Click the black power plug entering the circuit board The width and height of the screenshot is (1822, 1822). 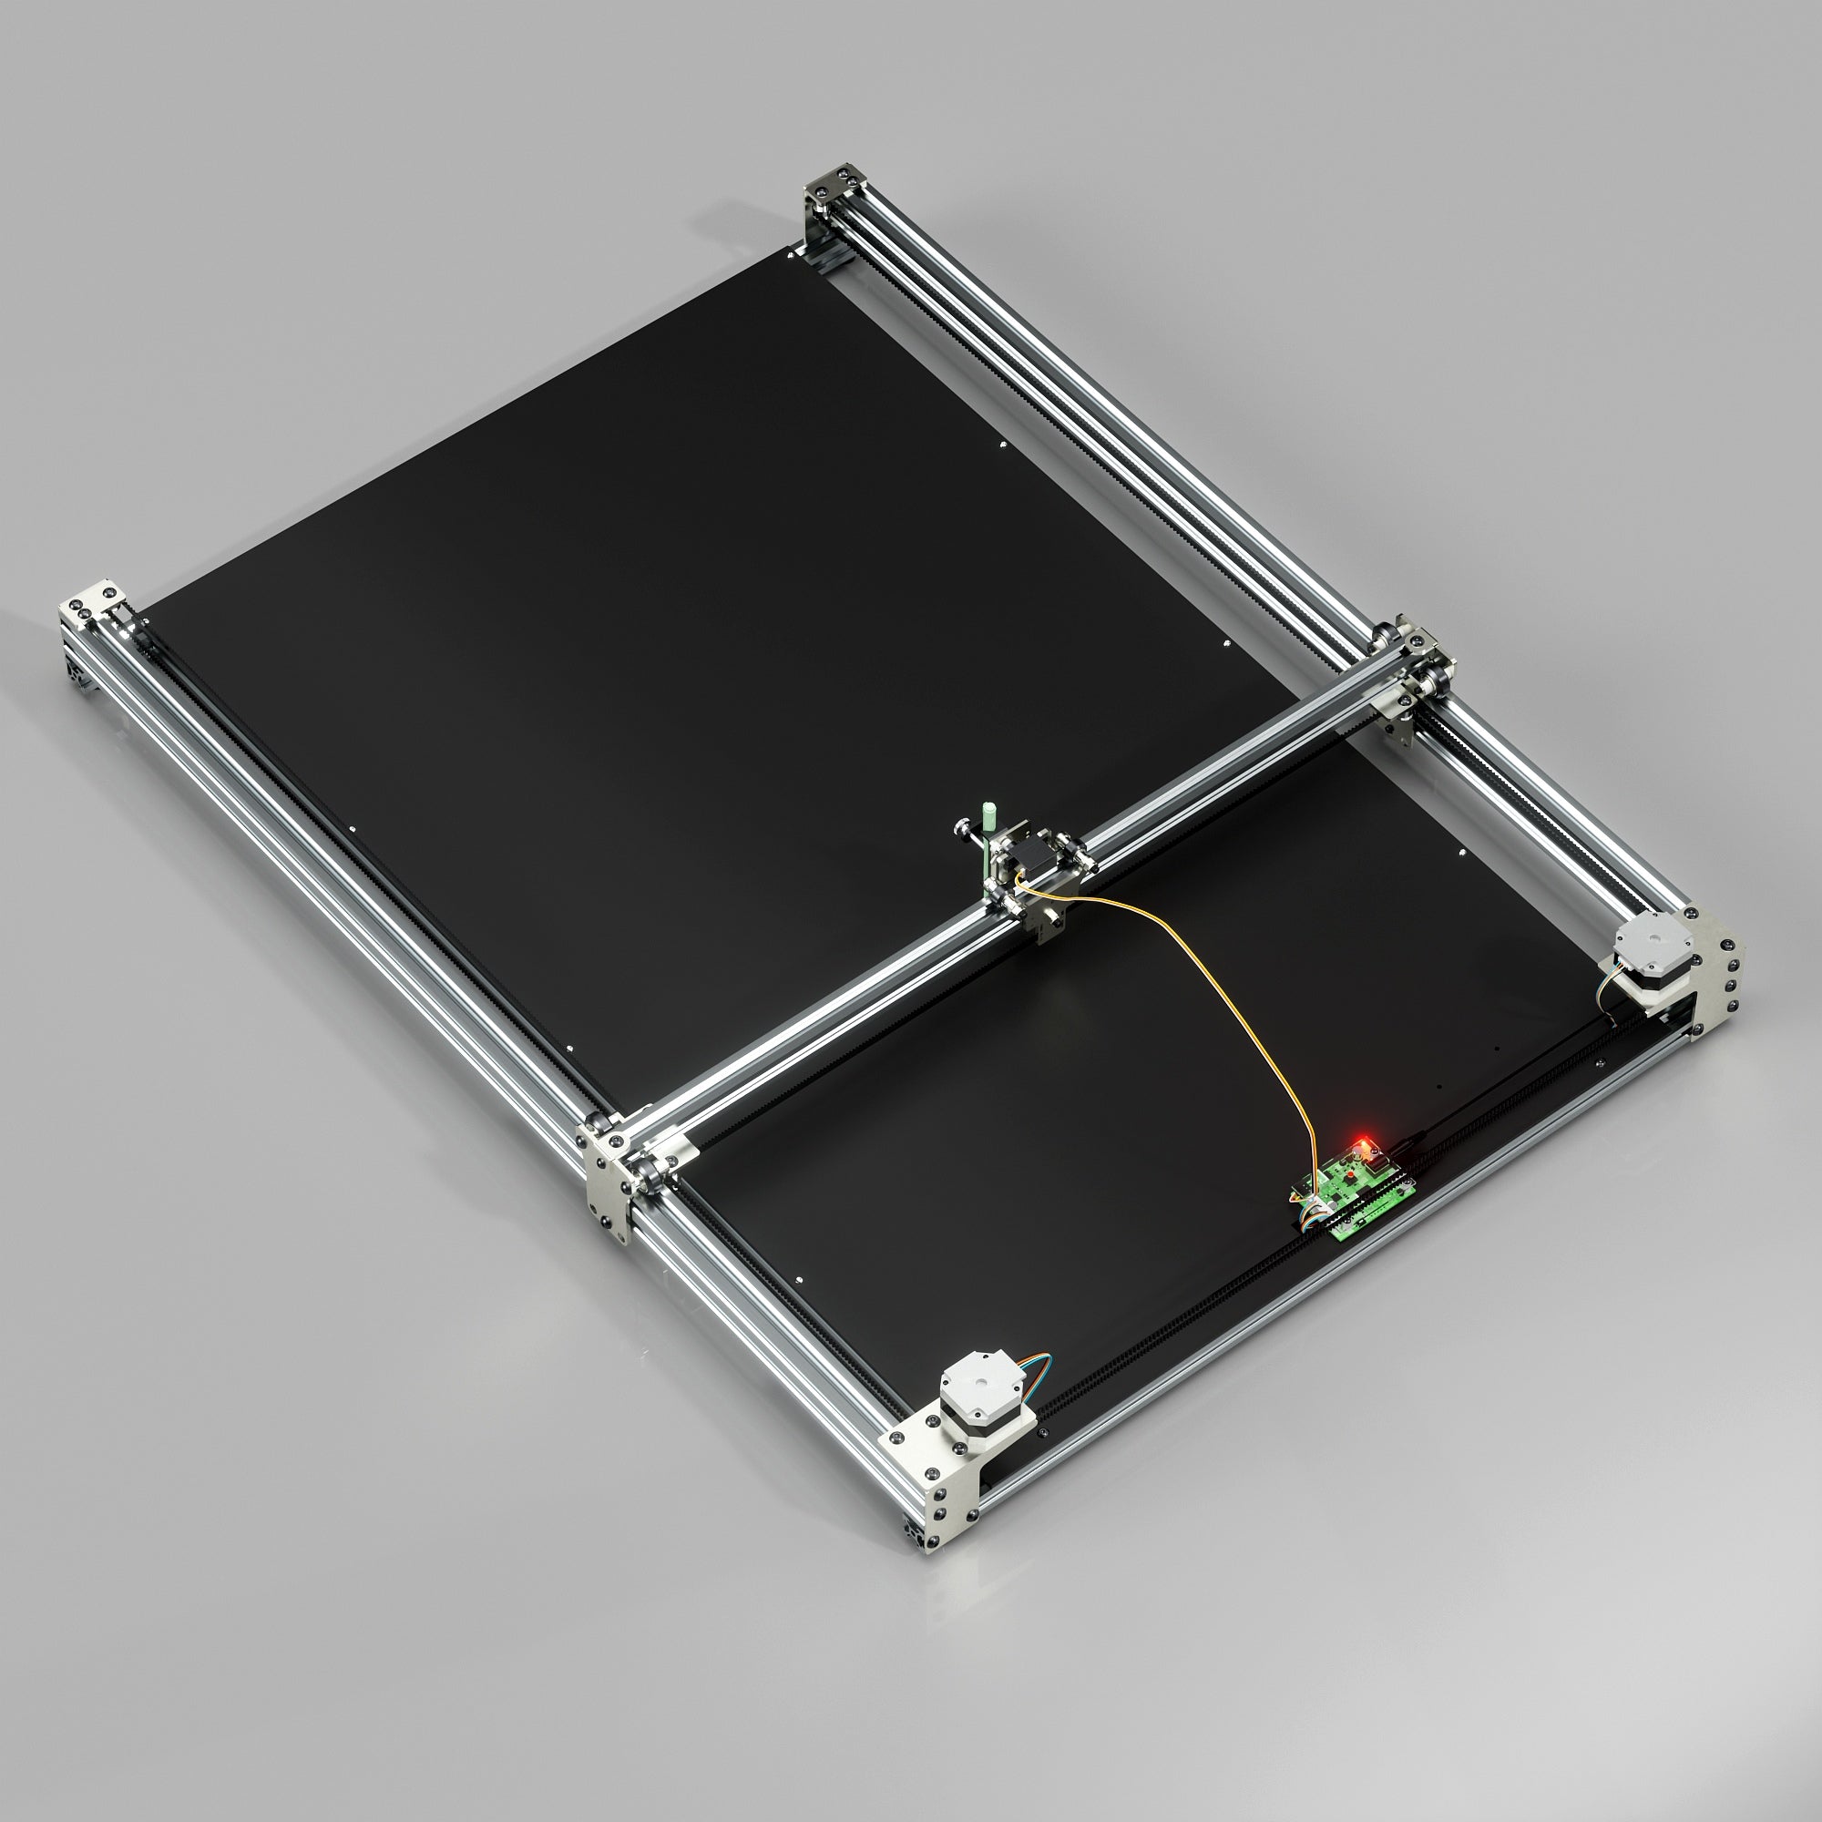[1405, 1146]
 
